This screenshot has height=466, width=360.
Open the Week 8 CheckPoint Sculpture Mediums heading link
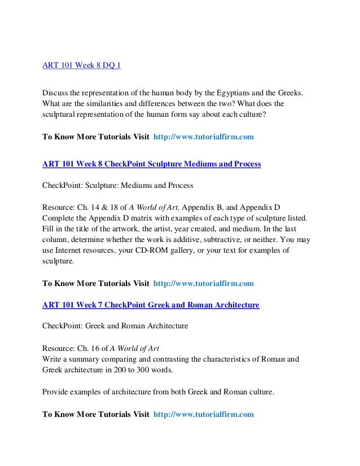pyautogui.click(x=152, y=164)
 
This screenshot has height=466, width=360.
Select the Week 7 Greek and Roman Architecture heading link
pyautogui.click(x=151, y=305)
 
